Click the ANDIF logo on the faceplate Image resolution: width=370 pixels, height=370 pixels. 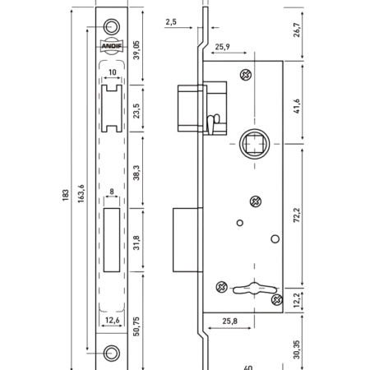pyautogui.click(x=112, y=46)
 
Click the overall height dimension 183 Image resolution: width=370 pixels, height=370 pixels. pyautogui.click(x=66, y=195)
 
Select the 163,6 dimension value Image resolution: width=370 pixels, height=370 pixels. pyautogui.click(x=81, y=193)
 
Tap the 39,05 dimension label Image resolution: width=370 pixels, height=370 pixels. pyautogui.click(x=136, y=50)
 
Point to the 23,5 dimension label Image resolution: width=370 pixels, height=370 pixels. pyautogui.click(x=136, y=111)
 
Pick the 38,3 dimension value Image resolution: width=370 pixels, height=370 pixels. pyautogui.click(x=136, y=173)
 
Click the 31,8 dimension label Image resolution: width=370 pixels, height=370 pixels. pyautogui.click(x=136, y=243)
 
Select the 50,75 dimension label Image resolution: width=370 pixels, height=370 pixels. pyautogui.click(x=136, y=326)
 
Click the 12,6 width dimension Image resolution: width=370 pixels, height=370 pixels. pyautogui.click(x=113, y=320)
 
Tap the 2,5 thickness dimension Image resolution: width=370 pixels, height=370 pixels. pyautogui.click(x=171, y=22)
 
